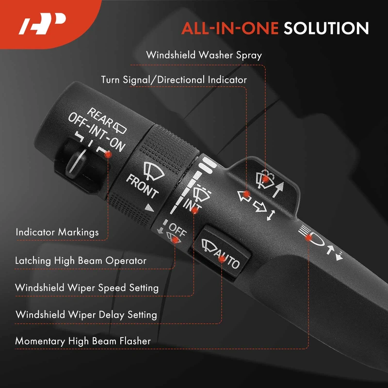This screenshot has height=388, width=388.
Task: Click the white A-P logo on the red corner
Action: coord(42,24)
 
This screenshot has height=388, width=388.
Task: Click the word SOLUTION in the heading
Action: coord(326,28)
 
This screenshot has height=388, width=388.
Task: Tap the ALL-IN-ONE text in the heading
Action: coord(230,28)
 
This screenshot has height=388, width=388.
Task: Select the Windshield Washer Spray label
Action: coord(204,55)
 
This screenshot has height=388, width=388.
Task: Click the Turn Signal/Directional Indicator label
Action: coord(174,80)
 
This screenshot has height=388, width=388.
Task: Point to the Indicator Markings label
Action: coord(57,232)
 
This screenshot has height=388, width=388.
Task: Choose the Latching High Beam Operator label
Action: coord(81,260)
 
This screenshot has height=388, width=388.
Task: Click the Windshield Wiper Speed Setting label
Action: coord(87,288)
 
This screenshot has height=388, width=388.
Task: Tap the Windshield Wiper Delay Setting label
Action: coord(86,314)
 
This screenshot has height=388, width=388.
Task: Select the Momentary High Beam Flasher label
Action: coord(83,341)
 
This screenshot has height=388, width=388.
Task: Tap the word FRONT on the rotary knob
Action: coord(142,186)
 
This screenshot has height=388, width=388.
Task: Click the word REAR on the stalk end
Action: coord(100,116)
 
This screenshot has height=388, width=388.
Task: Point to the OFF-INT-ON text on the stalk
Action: coord(97,132)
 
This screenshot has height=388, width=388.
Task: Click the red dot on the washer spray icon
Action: coord(265,178)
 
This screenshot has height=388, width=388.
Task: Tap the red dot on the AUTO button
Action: coord(222,259)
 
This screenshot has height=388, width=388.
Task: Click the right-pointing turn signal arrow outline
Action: coord(259,207)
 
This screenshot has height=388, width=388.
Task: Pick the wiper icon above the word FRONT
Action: coord(154,171)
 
